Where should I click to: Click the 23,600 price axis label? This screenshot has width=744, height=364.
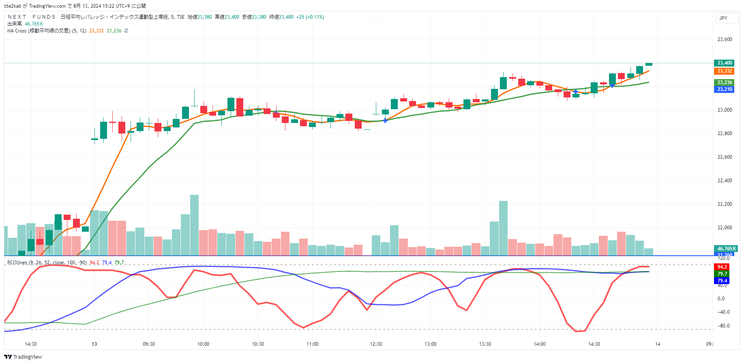[725, 39]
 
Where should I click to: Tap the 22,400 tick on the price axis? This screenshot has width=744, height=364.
[725, 181]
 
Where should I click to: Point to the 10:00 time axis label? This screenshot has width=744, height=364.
[203, 344]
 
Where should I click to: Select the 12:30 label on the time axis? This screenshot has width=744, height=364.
[376, 344]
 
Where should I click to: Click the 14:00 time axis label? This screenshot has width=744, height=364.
[539, 344]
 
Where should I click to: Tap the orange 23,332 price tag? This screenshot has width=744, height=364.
[725, 71]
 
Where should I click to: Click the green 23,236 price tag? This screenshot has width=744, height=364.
[725, 82]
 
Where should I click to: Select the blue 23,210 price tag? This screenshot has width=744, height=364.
[725, 89]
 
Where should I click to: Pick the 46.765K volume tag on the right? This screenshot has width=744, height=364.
[726, 249]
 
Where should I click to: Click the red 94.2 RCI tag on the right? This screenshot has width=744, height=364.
[722, 267]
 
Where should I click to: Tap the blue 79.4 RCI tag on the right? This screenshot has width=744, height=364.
[722, 281]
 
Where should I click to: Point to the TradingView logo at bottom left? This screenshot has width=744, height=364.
[23, 357]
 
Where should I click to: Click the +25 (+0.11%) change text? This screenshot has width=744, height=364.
[310, 17]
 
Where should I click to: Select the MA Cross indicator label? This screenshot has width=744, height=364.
[39, 31]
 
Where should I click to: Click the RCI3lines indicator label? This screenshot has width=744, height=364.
[17, 263]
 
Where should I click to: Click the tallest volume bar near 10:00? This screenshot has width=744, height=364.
[194, 225]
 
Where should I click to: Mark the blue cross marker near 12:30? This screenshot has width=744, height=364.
[385, 121]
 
